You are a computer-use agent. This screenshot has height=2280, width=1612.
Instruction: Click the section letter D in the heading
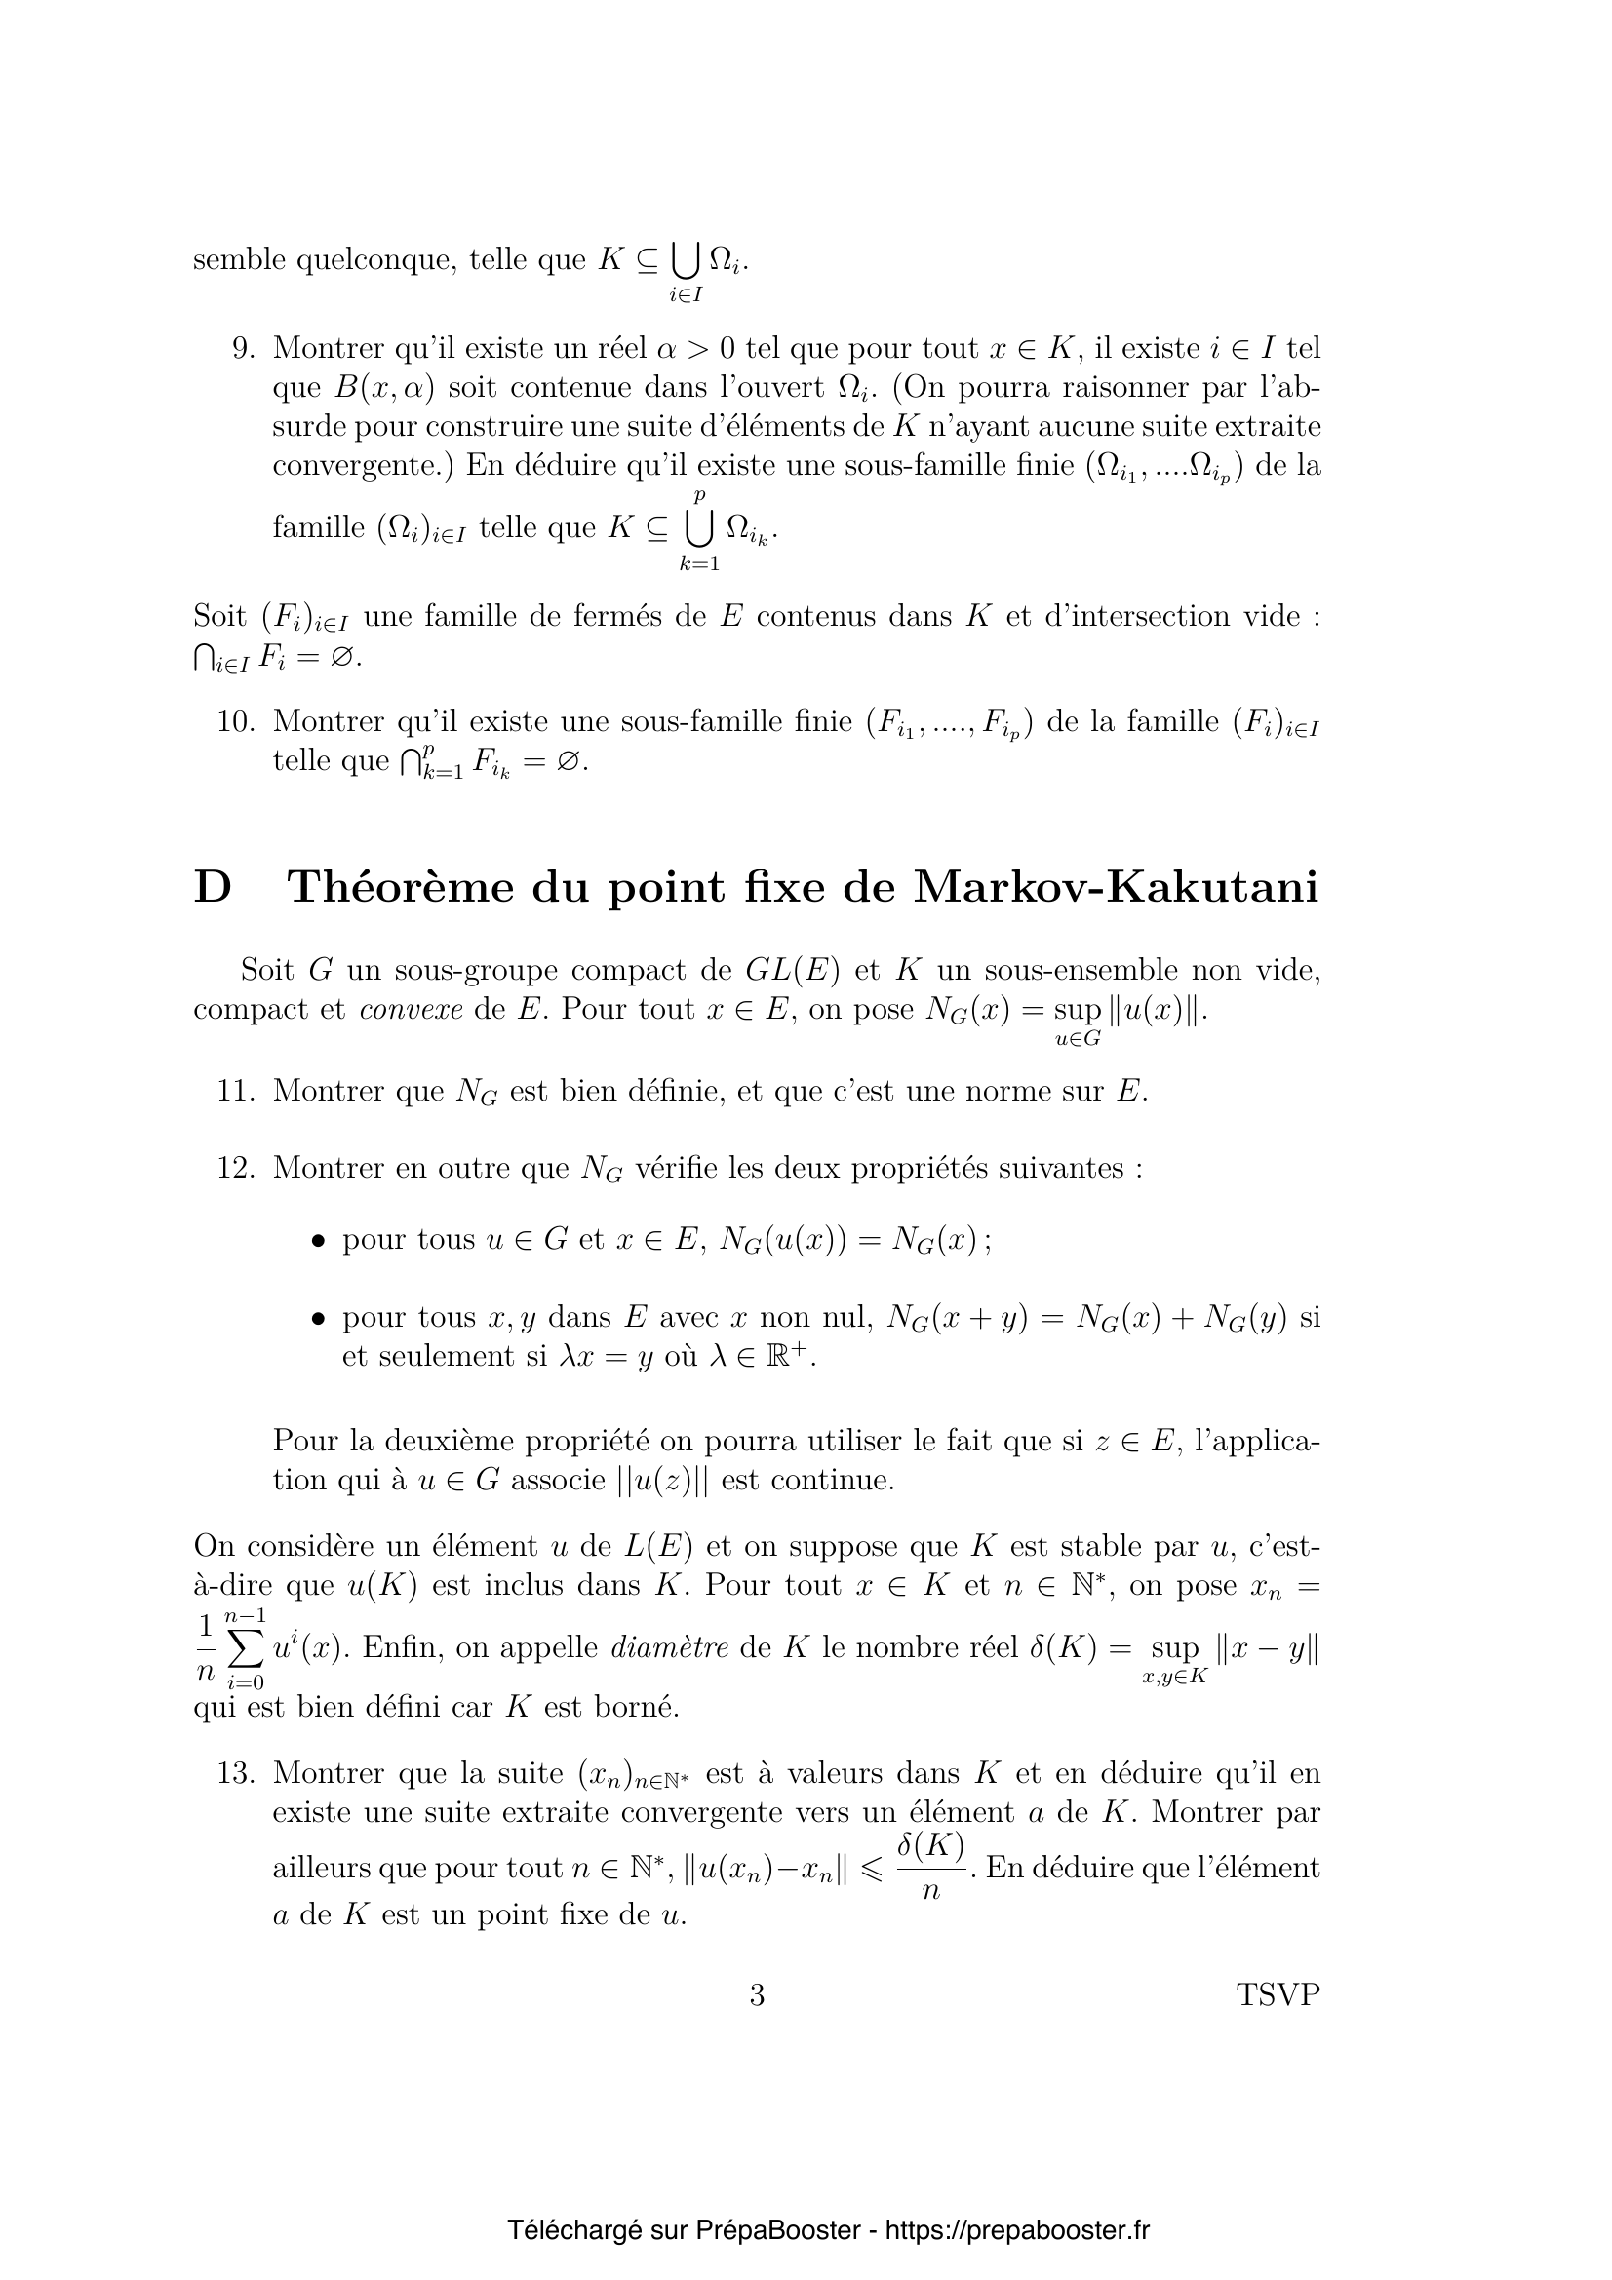click(212, 887)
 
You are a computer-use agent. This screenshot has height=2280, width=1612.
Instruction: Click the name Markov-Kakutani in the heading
click(1116, 887)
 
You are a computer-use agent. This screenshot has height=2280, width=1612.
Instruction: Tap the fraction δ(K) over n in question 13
click(930, 1867)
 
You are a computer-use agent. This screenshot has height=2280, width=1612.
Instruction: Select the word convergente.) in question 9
click(363, 465)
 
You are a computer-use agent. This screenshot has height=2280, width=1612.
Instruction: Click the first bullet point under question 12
click(318, 1241)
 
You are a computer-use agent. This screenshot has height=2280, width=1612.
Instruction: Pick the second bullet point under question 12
click(318, 1320)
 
